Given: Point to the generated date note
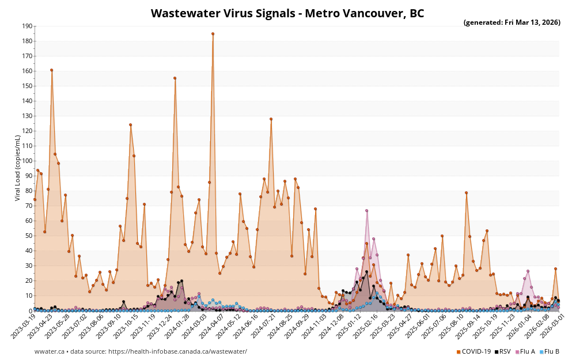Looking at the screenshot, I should pyautogui.click(x=511, y=22).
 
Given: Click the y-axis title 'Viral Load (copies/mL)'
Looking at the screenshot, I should pyautogui.click(x=18, y=168).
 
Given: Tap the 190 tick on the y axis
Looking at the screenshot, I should pyautogui.click(x=26, y=26).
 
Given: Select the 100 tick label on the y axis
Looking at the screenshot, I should pyautogui.click(x=26, y=161).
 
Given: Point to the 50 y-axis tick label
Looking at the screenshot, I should pyautogui.click(x=28, y=236).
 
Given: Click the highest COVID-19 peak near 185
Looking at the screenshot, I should pyautogui.click(x=213, y=34).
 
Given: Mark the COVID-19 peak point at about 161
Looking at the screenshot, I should pyautogui.click(x=51, y=70).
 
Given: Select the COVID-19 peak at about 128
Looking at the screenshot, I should pyautogui.click(x=271, y=119).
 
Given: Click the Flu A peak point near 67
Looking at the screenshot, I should pyautogui.click(x=366, y=211).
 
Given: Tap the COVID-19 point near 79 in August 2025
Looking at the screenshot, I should pyautogui.click(x=466, y=193).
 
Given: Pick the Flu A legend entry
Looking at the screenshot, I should pyautogui.click(x=525, y=351).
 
